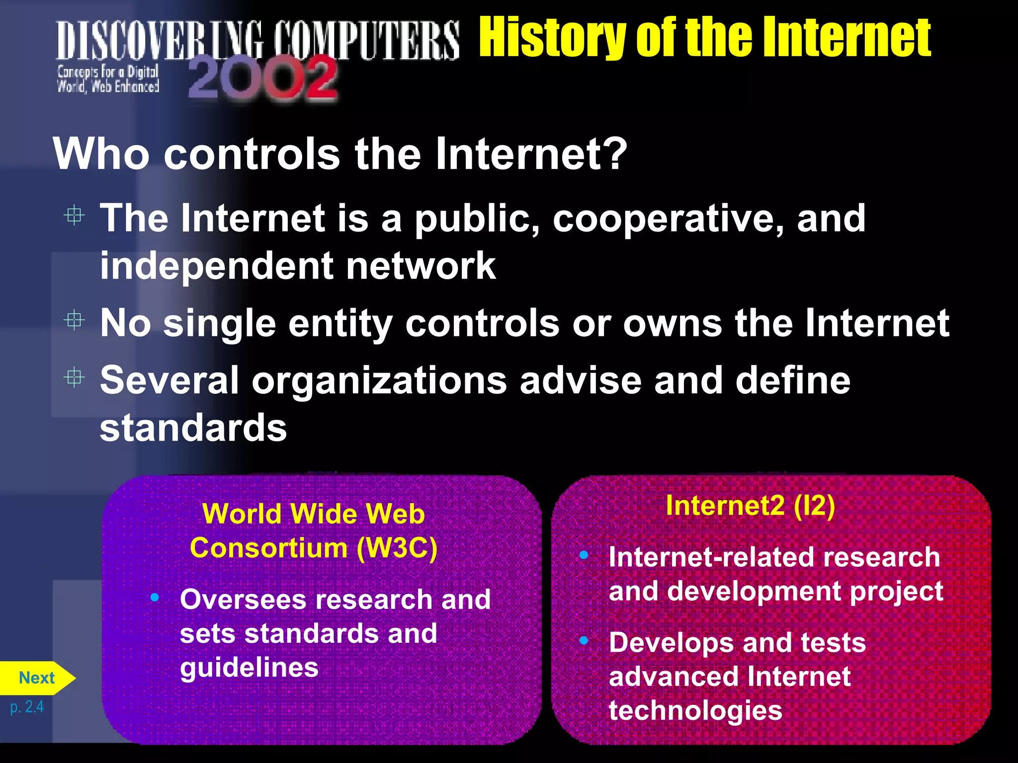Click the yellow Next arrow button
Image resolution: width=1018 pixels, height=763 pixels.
[x=37, y=678]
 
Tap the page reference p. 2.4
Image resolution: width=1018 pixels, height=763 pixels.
[x=27, y=707]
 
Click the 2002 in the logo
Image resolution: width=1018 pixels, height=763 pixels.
[x=262, y=78]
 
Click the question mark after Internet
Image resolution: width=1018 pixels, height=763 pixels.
[x=617, y=153]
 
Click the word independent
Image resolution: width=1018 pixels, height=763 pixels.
[x=216, y=266]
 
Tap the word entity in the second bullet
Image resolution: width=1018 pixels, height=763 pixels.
[x=340, y=323]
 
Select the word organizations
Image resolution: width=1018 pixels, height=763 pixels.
[x=379, y=381]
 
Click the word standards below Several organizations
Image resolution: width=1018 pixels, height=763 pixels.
[x=193, y=428]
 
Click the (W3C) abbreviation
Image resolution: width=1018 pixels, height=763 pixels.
[x=397, y=548]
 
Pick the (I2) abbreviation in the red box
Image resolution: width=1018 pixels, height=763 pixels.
[x=814, y=506]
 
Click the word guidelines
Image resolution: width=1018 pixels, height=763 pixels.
[x=249, y=667]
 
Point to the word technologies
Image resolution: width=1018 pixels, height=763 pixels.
[x=695, y=710]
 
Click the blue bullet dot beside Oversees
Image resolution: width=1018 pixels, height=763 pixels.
[x=155, y=597]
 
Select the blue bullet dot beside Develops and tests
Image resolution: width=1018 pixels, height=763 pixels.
[x=584, y=641]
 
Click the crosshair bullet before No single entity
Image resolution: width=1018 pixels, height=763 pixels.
[x=75, y=320]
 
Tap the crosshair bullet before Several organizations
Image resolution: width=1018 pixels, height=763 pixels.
[x=75, y=378]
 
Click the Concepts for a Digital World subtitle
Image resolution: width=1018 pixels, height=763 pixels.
[x=108, y=79]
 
